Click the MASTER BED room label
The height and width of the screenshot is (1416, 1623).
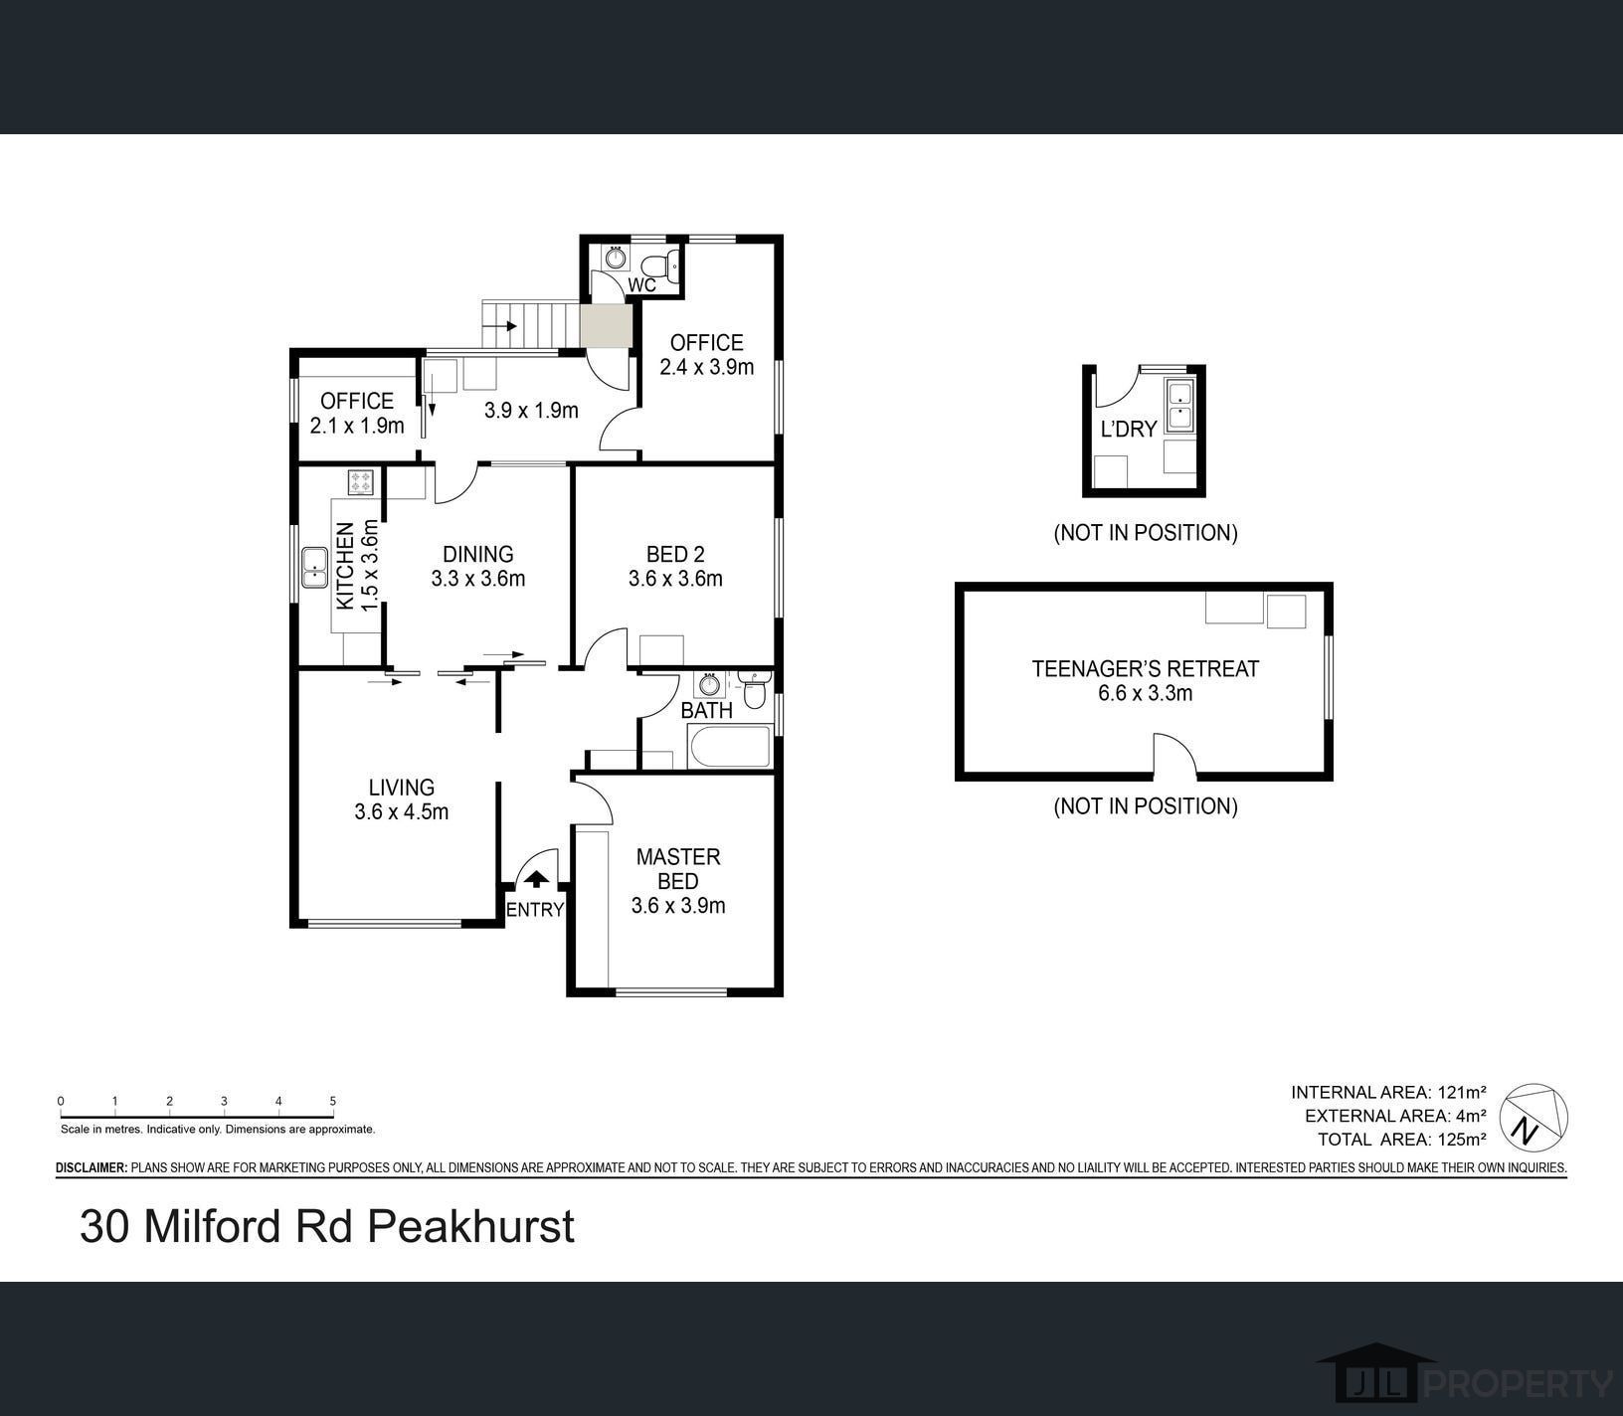[x=678, y=881]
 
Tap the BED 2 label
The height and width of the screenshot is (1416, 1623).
[x=675, y=566]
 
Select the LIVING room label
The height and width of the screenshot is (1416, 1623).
[x=401, y=799]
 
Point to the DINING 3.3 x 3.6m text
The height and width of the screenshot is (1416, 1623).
[x=478, y=566]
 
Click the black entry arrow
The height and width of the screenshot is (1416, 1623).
[x=536, y=879]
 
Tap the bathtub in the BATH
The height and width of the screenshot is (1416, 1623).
[x=730, y=747]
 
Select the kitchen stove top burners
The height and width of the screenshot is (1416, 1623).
[x=360, y=483]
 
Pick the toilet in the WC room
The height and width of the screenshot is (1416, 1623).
[x=659, y=265]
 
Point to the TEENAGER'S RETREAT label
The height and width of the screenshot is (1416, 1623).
[x=1146, y=681]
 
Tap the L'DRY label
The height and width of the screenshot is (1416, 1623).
[x=1129, y=429]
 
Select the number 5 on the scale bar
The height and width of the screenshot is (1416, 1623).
[x=333, y=1101]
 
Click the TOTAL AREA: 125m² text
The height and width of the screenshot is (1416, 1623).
[x=1402, y=1140]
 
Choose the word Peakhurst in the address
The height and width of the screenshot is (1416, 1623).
[x=470, y=1226]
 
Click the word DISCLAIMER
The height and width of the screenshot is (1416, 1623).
[x=91, y=1167]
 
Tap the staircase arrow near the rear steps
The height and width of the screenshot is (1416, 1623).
[x=504, y=325]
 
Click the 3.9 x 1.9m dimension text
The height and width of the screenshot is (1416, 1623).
[x=531, y=410]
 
